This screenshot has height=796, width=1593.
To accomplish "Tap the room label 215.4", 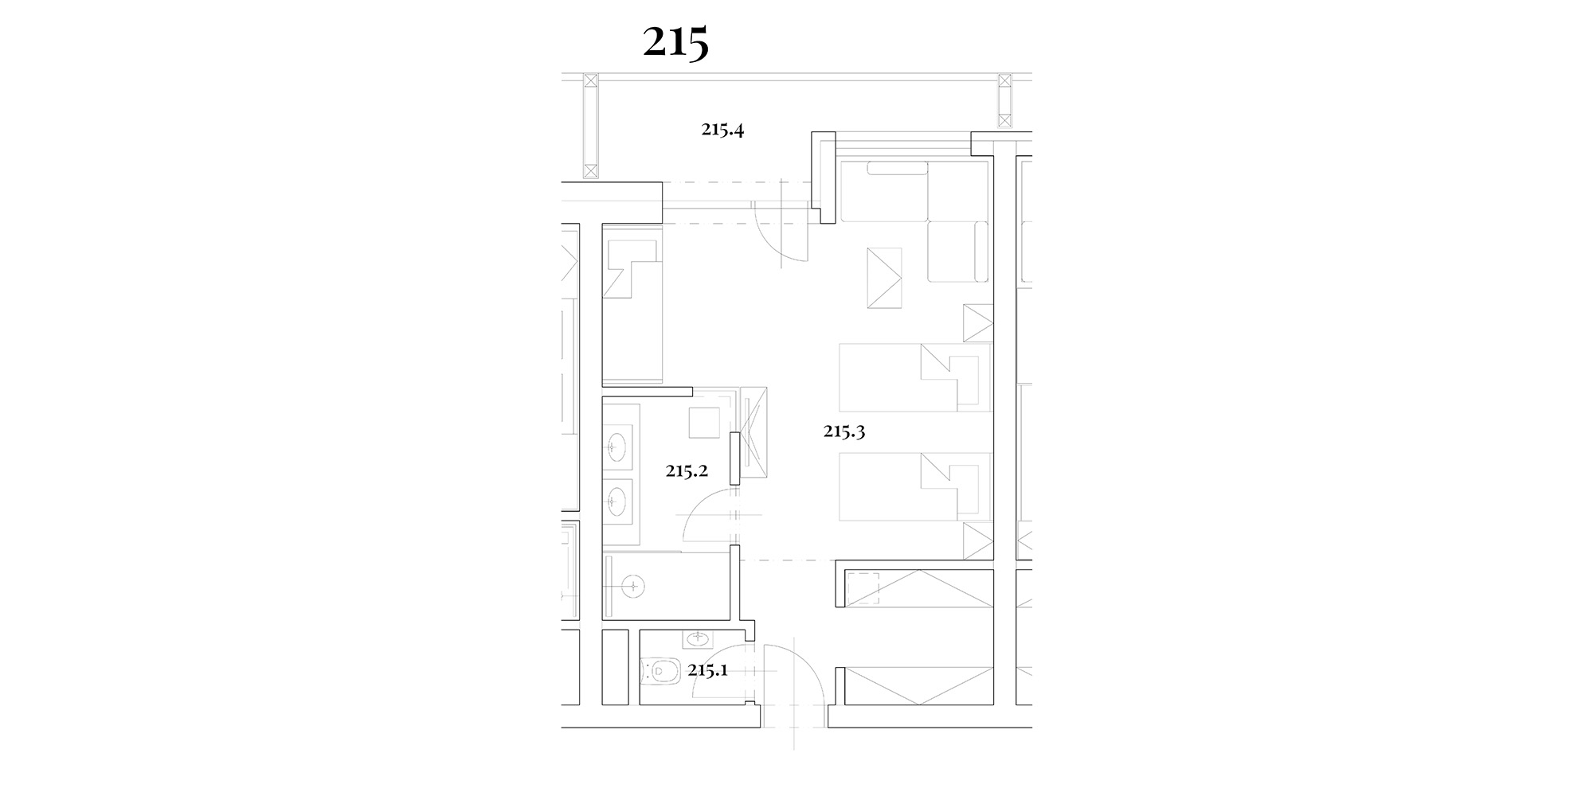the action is (722, 130).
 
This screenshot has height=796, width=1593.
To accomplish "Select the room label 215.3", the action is (844, 432).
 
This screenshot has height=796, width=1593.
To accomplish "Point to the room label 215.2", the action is (687, 471).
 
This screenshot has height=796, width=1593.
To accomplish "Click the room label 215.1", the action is (708, 670).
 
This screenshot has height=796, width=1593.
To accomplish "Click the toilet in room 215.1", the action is (660, 672).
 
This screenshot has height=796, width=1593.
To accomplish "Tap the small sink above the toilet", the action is (699, 638).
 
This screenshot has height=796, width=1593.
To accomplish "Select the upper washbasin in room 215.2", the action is (617, 447).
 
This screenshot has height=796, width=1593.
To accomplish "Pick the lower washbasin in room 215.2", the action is (617, 500).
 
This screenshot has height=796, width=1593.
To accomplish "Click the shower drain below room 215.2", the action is (633, 587).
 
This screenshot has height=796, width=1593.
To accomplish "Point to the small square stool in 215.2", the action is (704, 422).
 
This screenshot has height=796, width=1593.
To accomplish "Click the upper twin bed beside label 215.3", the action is (915, 377).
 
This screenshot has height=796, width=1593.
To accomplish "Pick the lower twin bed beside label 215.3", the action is (915, 487).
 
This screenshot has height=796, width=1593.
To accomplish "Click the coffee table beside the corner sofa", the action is (884, 278).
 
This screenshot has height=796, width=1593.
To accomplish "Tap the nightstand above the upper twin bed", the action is (978, 323).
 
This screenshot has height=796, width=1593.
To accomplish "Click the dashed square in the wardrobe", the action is (863, 588).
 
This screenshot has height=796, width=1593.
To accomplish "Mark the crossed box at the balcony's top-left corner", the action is (590, 81).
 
